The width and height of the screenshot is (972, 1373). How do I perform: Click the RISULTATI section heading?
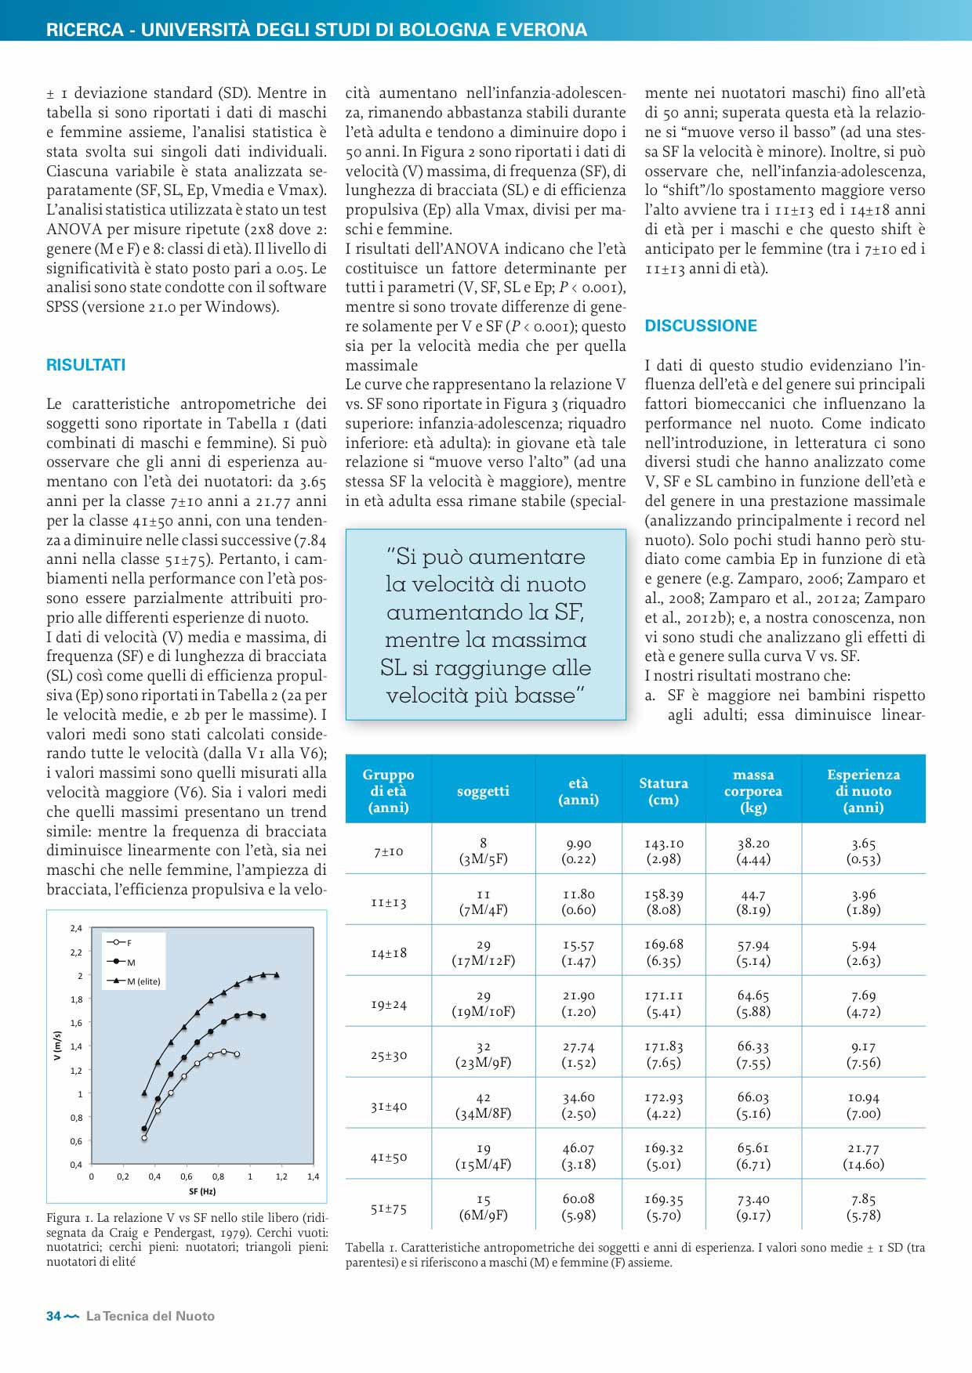pyautogui.click(x=85, y=365)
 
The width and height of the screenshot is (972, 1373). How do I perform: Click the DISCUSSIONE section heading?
pyautogui.click(x=701, y=326)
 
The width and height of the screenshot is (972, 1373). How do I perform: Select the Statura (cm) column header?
pyautogui.click(x=663, y=791)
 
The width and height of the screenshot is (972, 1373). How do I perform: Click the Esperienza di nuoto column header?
pyautogui.click(x=863, y=791)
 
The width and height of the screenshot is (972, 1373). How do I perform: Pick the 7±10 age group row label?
pyautogui.click(x=389, y=851)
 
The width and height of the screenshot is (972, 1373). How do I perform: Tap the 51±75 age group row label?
pyautogui.click(x=389, y=1209)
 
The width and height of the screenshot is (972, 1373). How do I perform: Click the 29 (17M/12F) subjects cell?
pyautogui.click(x=483, y=953)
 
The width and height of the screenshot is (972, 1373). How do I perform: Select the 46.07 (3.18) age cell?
pyautogui.click(x=578, y=1157)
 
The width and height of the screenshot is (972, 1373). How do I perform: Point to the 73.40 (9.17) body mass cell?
pyautogui.click(x=753, y=1208)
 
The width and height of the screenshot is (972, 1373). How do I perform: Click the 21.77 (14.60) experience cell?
pyautogui.click(x=863, y=1157)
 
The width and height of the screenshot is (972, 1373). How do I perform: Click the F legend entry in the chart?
pyautogui.click(x=129, y=943)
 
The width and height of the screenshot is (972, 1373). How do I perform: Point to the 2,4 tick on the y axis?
pyautogui.click(x=76, y=929)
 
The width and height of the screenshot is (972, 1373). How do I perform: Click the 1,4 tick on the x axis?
pyautogui.click(x=313, y=1177)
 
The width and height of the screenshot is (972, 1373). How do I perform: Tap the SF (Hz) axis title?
pyautogui.click(x=202, y=1192)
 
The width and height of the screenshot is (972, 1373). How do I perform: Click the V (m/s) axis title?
pyautogui.click(x=56, y=1046)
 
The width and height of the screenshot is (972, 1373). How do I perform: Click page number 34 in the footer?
pyautogui.click(x=53, y=1317)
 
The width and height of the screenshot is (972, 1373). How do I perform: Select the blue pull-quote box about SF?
pyautogui.click(x=486, y=624)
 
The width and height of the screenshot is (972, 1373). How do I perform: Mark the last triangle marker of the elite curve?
pyautogui.click(x=277, y=975)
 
